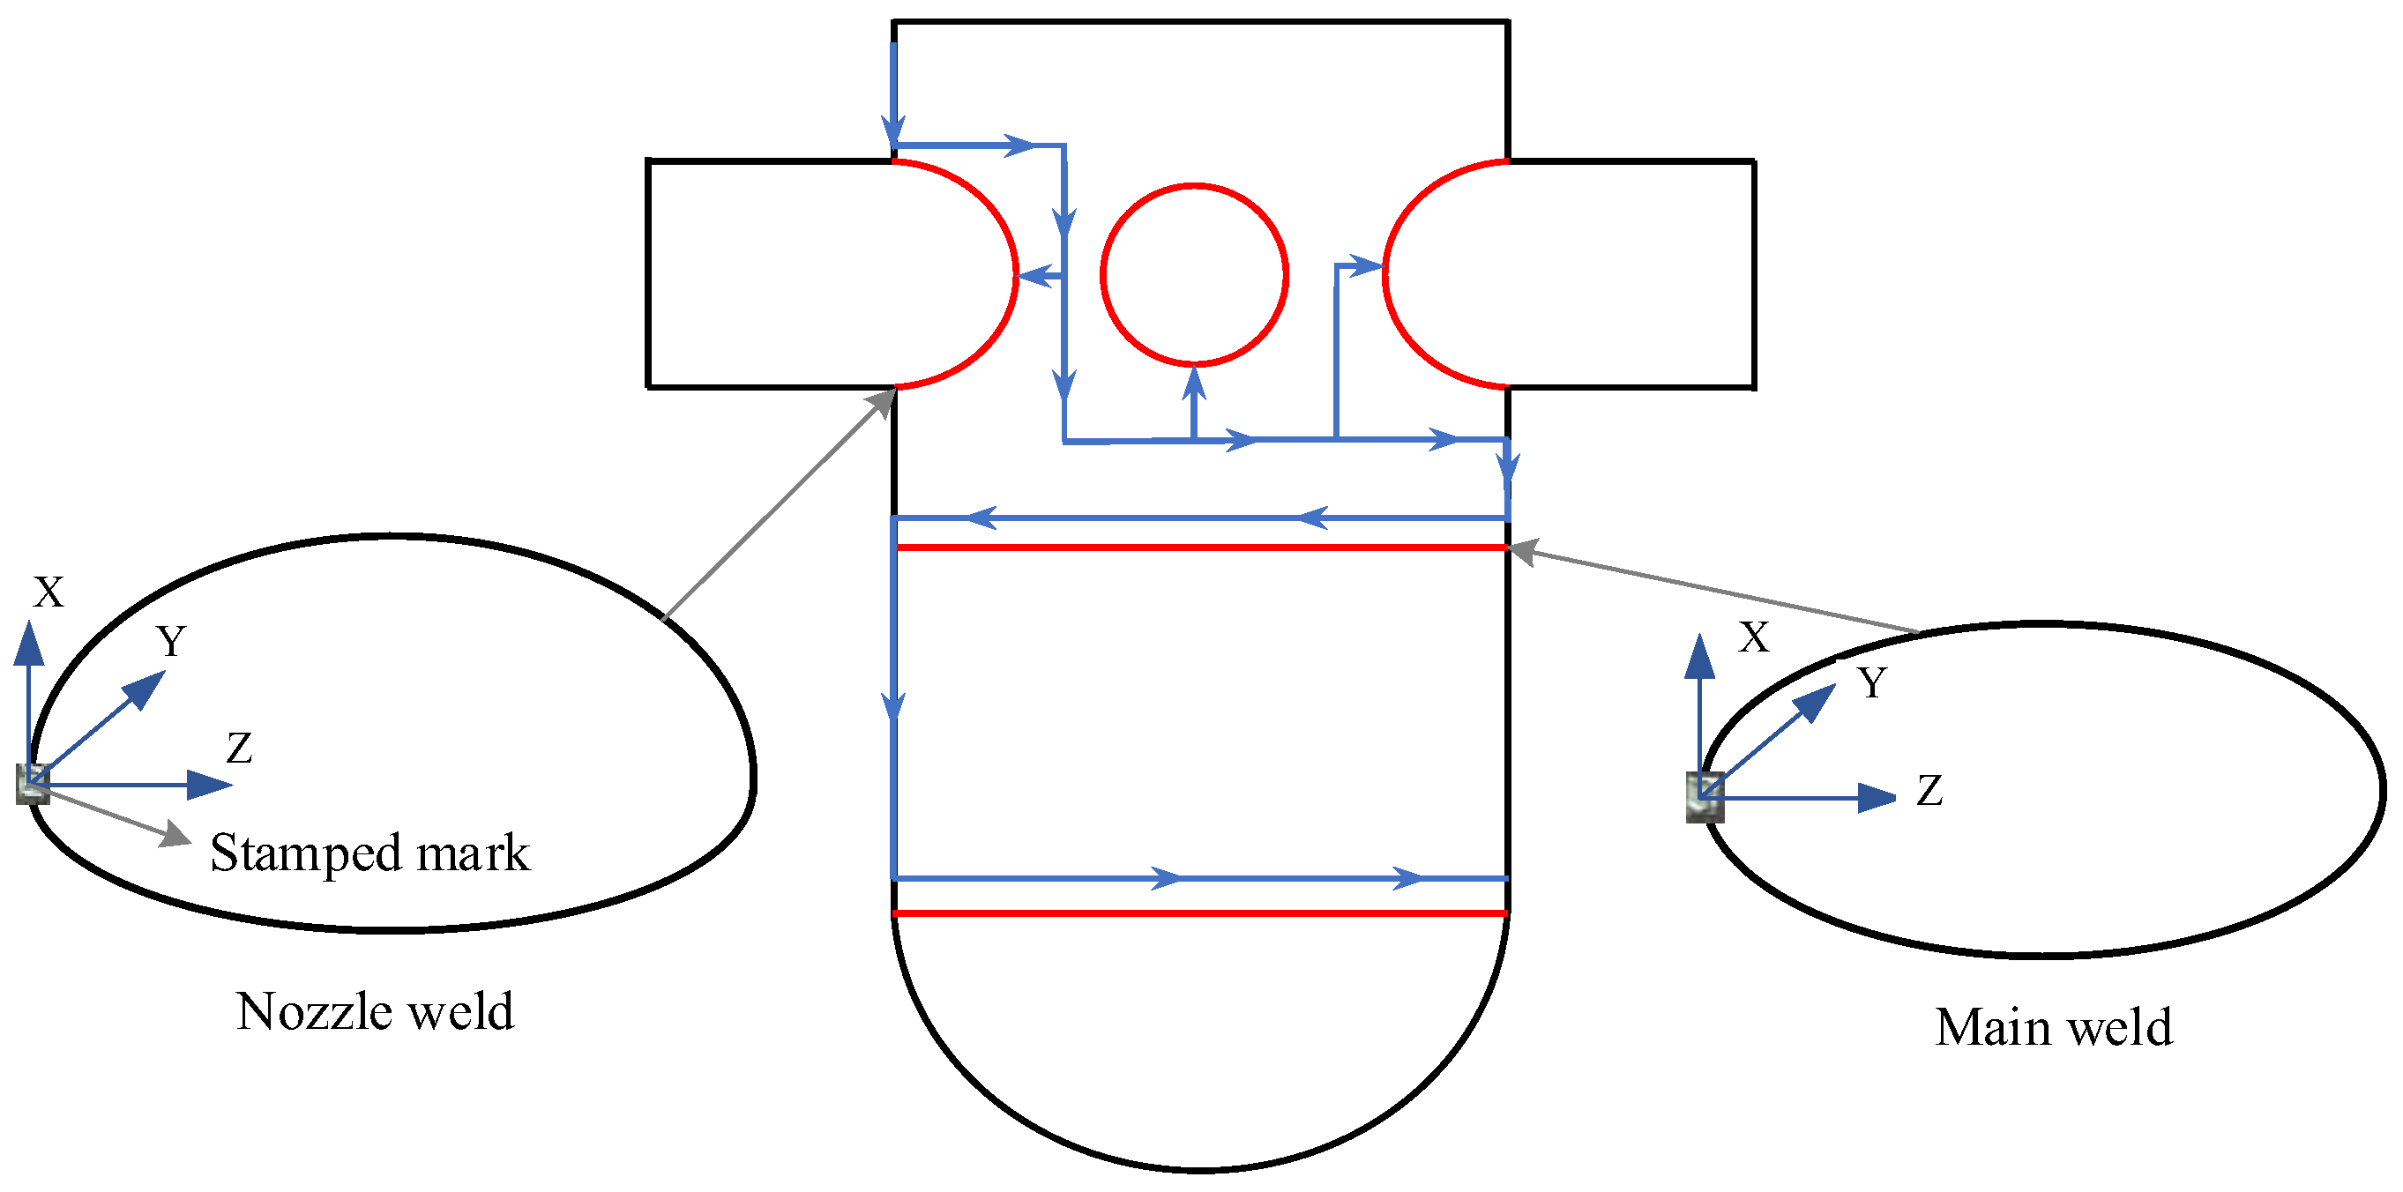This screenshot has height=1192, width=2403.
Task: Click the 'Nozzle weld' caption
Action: (375, 1012)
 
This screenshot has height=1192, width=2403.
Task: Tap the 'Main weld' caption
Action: (2052, 1028)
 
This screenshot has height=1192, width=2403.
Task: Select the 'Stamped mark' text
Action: (369, 853)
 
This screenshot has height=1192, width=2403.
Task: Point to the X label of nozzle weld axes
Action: (49, 592)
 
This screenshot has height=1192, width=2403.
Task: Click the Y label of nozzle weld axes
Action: (171, 642)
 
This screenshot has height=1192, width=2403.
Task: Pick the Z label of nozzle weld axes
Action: (240, 748)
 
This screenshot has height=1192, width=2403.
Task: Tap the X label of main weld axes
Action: (1754, 638)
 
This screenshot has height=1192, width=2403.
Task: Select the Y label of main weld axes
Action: (1871, 682)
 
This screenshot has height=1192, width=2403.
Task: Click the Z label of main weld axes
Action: (1929, 791)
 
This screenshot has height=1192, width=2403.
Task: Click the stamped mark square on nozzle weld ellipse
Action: (33, 784)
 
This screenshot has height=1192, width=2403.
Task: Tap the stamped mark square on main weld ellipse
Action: (1705, 798)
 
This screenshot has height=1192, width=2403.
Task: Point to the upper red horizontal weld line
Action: (1200, 548)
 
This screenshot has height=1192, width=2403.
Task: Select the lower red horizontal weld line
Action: (1200, 913)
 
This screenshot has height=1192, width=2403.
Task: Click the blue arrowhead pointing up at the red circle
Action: (1194, 383)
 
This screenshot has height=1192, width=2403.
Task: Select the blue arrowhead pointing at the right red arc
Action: (1368, 267)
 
